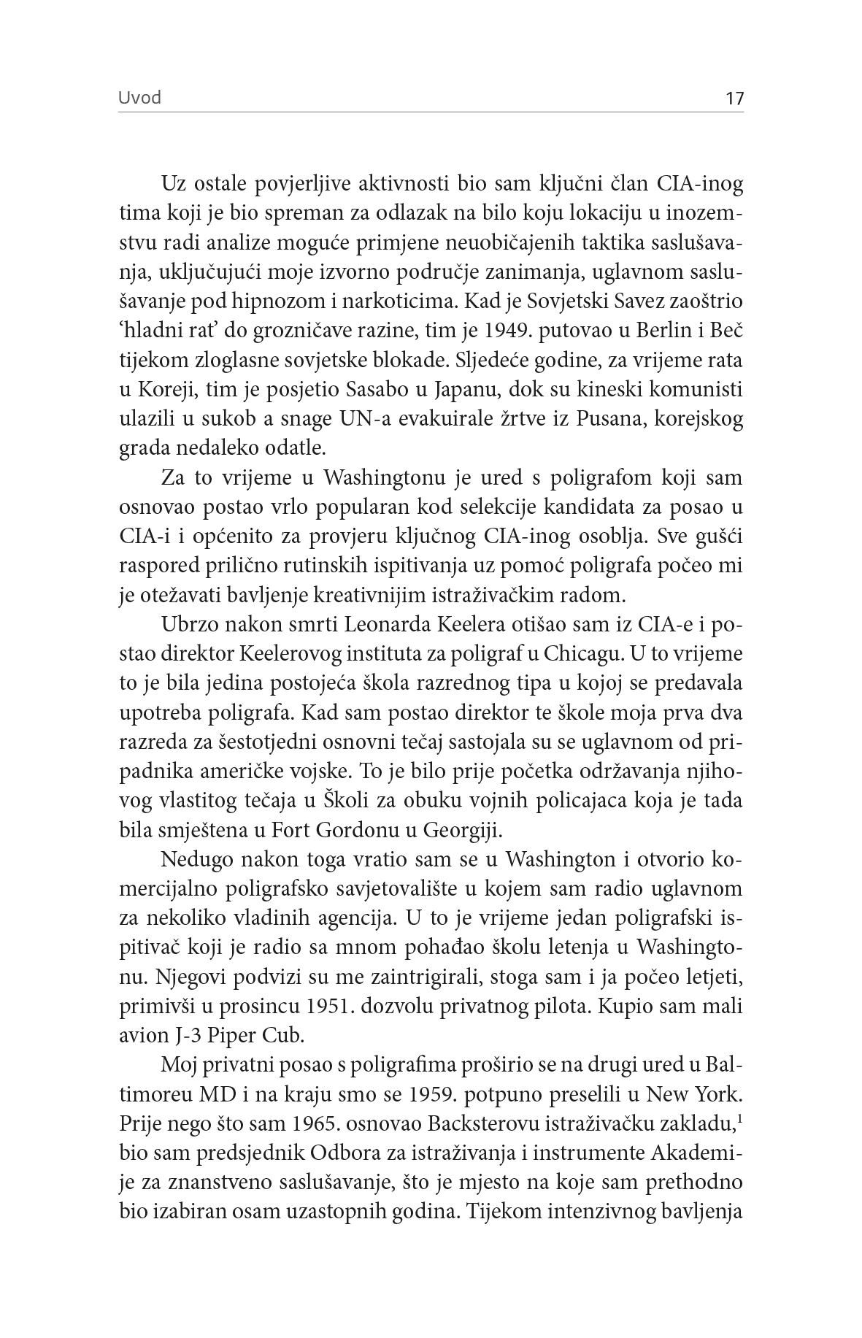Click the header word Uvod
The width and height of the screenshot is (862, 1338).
pyautogui.click(x=139, y=98)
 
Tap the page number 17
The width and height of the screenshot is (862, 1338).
pyautogui.click(x=734, y=99)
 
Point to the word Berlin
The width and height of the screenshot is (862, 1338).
pyautogui.click(x=643, y=331)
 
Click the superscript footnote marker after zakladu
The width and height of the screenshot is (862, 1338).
pyautogui.click(x=739, y=1119)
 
